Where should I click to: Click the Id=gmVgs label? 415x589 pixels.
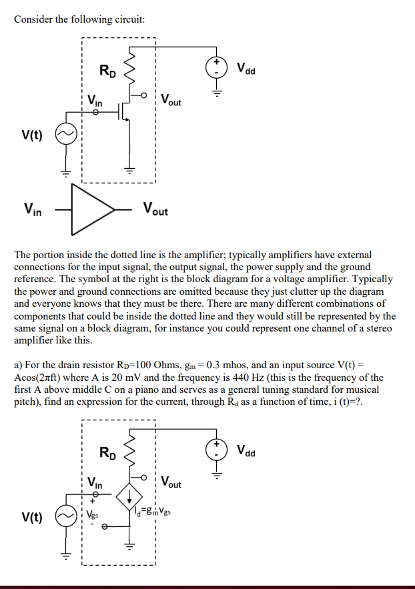click(x=157, y=512)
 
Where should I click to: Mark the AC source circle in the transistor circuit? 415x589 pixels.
click(x=65, y=135)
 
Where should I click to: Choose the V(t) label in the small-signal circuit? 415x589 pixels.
click(x=31, y=518)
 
